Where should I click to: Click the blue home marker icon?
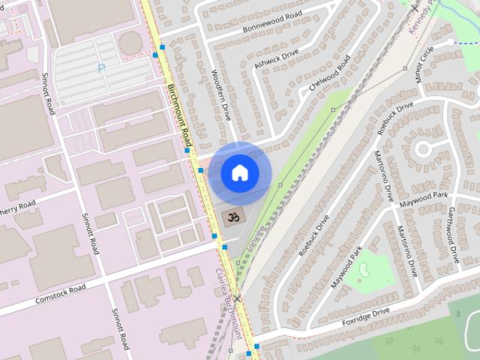click(x=239, y=173)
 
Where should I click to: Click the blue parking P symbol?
click(x=101, y=68)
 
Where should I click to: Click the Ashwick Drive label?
click(x=276, y=59)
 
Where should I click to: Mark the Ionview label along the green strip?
click(x=255, y=239)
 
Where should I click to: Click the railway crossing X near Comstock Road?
click(x=237, y=298)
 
